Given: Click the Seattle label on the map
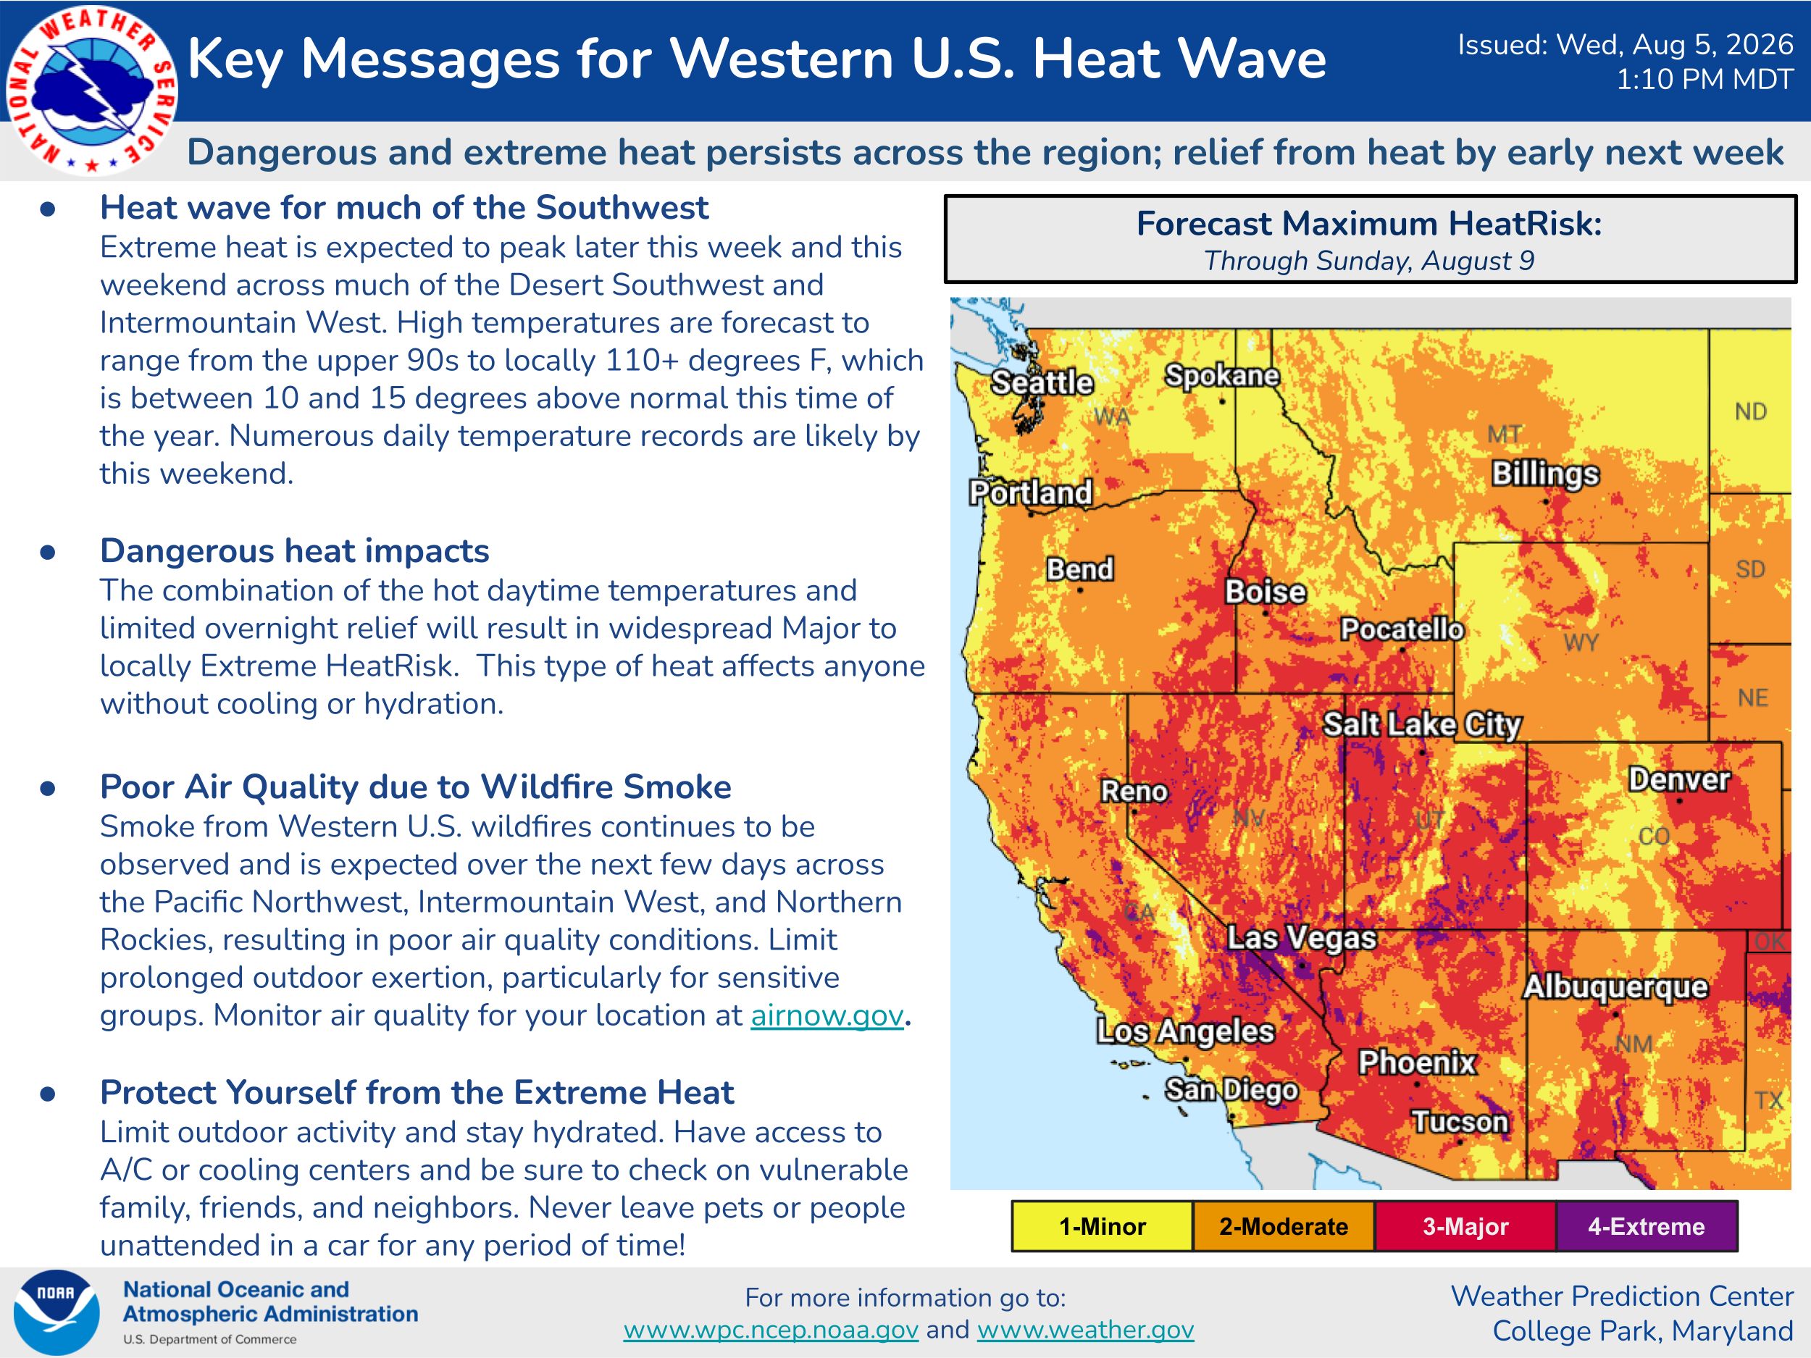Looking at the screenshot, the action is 1042,382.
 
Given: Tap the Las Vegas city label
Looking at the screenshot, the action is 1302,938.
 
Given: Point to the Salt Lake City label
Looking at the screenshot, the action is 1423,724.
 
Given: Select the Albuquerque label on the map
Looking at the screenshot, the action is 1615,987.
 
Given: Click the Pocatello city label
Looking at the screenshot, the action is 1402,629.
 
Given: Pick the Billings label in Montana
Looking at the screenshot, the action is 1546,474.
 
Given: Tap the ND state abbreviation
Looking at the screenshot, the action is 1750,411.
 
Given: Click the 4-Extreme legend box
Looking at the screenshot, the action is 1647,1226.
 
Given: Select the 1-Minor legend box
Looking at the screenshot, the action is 1102,1226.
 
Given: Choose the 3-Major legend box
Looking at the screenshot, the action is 1465,1226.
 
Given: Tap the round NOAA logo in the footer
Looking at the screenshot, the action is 57,1313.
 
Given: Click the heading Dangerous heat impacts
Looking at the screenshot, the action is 295,551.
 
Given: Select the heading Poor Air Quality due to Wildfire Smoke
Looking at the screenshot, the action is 416,787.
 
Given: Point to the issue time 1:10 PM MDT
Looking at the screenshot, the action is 1705,80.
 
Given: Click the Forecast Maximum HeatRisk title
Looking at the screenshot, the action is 1369,224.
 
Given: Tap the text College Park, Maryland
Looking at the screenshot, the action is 1643,1331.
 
